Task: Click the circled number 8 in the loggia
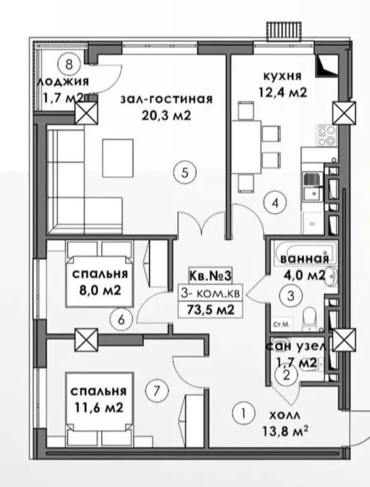[x=69, y=65]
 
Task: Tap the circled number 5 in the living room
[x=185, y=173]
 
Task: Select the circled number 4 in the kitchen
[x=275, y=203]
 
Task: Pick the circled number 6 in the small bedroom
[x=121, y=320]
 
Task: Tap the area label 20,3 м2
[x=167, y=116]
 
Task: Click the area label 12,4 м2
[x=283, y=92]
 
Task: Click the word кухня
[x=283, y=76]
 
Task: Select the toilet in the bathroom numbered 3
[x=311, y=319]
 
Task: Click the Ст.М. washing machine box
[x=282, y=325]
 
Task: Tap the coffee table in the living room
[x=118, y=158]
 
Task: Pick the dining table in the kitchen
[x=246, y=147]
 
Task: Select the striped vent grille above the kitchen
[x=284, y=31]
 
